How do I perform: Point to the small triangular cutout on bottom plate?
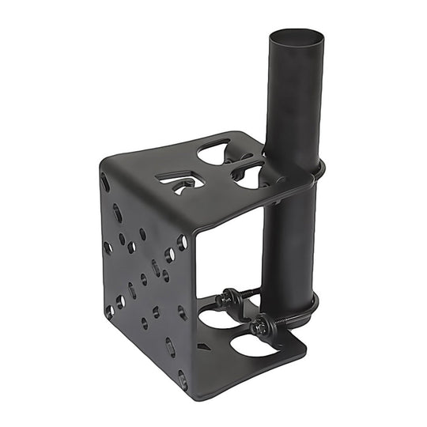pyautogui.click(x=202, y=346)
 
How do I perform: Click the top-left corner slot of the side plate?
pyautogui.click(x=105, y=183)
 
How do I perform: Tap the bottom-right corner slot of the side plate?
pyautogui.click(x=183, y=380)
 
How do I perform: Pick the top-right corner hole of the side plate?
pyautogui.click(x=183, y=242)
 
